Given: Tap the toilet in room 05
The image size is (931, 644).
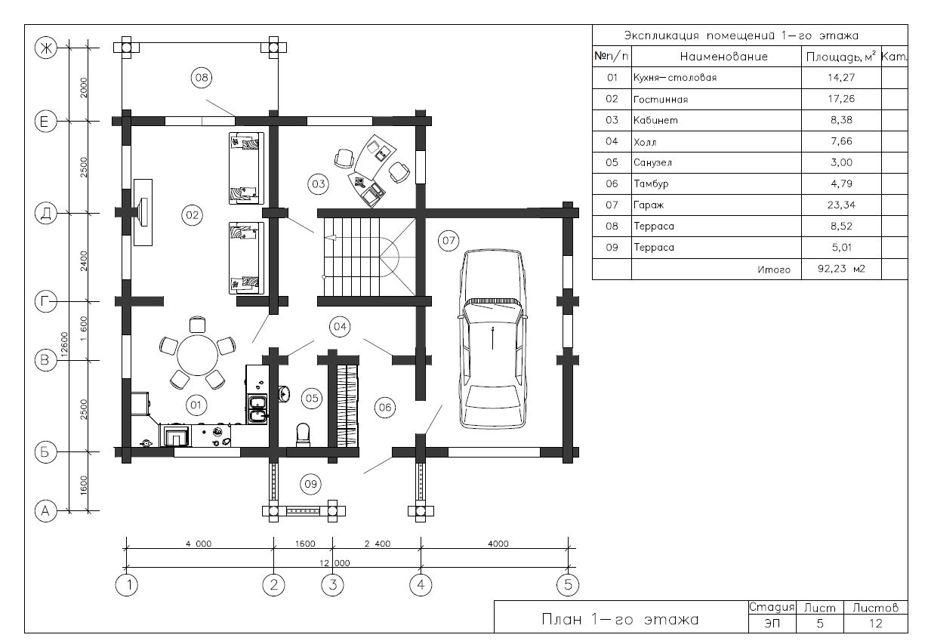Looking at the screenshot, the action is tap(303, 435).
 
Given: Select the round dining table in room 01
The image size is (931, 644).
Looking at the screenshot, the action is tap(197, 356).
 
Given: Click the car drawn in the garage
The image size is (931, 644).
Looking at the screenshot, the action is tap(492, 339).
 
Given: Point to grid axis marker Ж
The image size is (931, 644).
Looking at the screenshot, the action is tap(46, 48).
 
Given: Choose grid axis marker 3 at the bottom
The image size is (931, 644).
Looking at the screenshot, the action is tap(332, 585).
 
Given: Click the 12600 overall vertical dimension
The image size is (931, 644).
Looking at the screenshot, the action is tap(64, 345).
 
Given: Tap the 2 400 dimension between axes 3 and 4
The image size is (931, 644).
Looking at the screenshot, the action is tap(378, 544).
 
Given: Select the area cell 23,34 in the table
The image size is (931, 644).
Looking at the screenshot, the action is tap(841, 205).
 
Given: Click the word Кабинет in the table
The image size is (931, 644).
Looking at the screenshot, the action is tap(655, 120).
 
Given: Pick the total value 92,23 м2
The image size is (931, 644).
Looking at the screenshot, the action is tap(841, 269).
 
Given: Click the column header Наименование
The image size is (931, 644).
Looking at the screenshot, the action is tap(723, 57).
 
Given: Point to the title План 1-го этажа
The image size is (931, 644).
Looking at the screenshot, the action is tap(620, 620).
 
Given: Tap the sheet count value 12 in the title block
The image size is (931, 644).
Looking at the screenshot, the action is tap(875, 624).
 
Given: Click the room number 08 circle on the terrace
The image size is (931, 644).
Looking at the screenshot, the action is tap(202, 78).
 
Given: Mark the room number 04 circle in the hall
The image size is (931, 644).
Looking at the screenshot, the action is tap(340, 327).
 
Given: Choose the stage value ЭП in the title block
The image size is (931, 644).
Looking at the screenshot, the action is tap(772, 624).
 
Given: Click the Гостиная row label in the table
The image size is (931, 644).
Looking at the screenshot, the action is tap(661, 100).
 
